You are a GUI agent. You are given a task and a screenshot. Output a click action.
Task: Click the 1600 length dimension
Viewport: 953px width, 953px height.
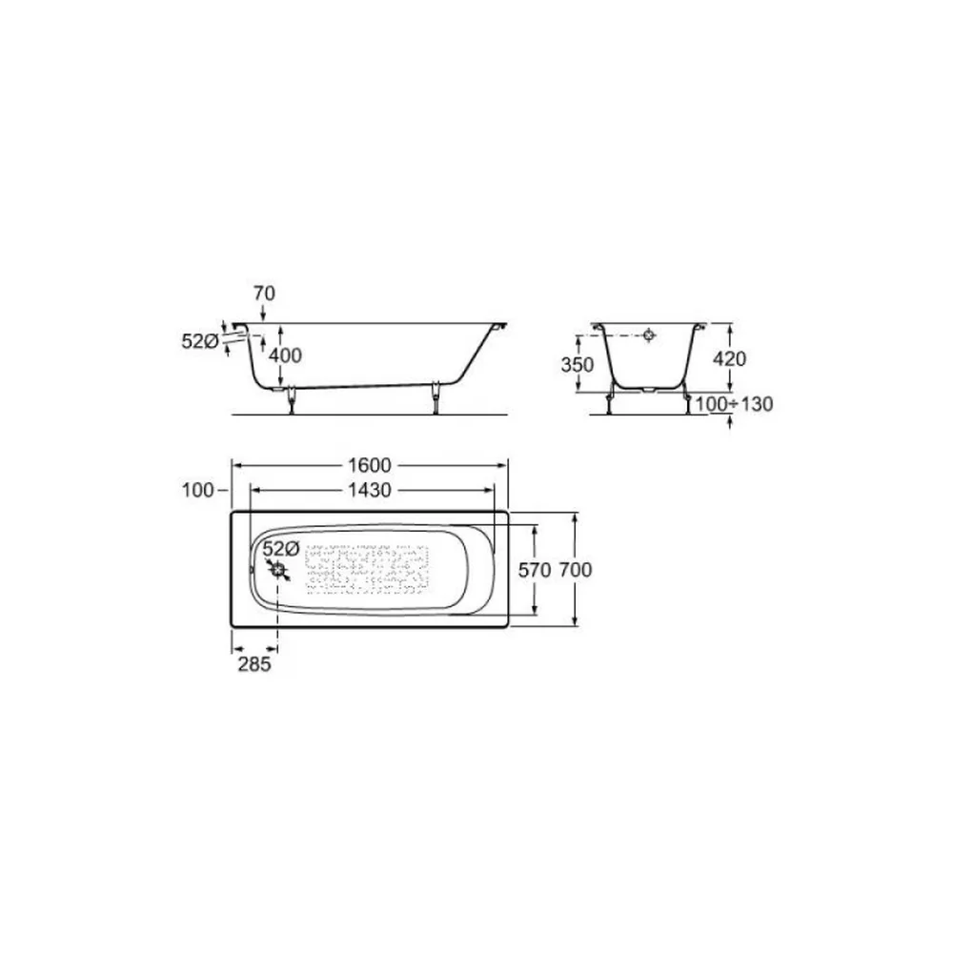pos(370,466)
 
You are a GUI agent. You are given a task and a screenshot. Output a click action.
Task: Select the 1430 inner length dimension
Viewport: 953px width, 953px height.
pos(370,490)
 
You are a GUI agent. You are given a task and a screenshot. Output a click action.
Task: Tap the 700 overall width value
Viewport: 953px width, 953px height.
pos(575,570)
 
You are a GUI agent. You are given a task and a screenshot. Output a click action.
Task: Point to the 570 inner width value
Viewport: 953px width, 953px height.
pos(535,570)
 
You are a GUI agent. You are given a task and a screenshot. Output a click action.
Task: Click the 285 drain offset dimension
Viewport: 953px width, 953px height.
pos(254,665)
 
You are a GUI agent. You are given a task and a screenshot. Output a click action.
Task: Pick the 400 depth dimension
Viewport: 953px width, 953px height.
pos(285,355)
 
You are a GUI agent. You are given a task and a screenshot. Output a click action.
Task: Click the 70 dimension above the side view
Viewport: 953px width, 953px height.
pos(264,294)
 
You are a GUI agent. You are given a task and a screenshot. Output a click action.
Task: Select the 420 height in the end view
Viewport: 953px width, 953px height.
pos(729,359)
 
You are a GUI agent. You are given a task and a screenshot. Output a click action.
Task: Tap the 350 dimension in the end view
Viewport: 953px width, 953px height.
pos(578,365)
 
